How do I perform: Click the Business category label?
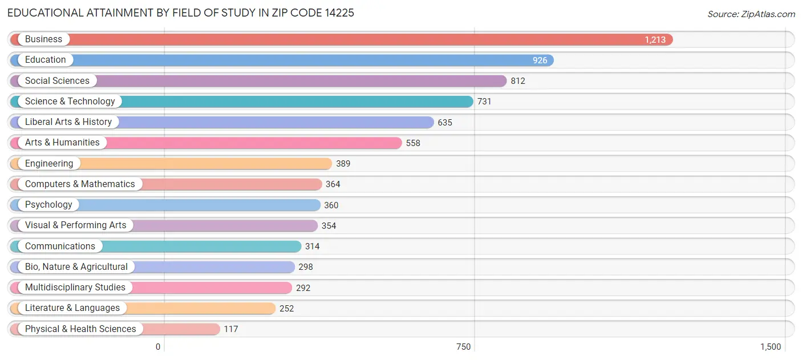pos(43,39)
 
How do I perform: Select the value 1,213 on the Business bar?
pos(655,40)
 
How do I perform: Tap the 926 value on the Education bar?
pos(540,60)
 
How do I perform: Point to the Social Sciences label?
pos(57,81)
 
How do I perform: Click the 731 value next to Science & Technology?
pos(484,102)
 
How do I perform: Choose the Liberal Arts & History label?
pos(68,122)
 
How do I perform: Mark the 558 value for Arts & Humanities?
pos(413,143)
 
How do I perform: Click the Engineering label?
pos(49,164)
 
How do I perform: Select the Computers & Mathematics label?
pos(80,184)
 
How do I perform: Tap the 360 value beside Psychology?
pos(331,205)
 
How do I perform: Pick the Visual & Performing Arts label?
pos(75,225)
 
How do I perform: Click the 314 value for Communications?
pos(312,246)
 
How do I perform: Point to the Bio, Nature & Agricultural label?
pos(76,267)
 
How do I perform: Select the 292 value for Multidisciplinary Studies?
pos(303,288)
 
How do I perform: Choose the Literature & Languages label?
pos(72,308)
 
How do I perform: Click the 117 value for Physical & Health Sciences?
pos(230,329)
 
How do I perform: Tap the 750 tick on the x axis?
pos(463,347)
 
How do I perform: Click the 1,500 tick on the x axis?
pos(770,347)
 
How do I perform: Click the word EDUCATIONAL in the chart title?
pos(44,13)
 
